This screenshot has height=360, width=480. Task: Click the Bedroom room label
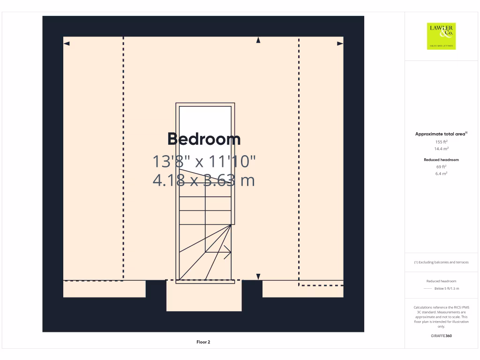(x=204, y=139)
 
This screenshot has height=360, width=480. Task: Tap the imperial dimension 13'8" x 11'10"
(x=204, y=162)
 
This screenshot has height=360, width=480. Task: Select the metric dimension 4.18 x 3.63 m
(x=204, y=180)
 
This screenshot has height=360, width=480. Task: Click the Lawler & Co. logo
(x=442, y=36)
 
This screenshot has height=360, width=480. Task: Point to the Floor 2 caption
(x=203, y=342)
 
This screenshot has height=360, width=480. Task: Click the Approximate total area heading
(x=441, y=134)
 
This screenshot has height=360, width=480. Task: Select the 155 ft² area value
(x=441, y=142)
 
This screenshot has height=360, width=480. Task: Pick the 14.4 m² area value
(x=441, y=149)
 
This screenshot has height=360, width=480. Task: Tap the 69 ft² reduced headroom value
(x=441, y=166)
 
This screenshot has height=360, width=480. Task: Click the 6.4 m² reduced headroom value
(x=441, y=173)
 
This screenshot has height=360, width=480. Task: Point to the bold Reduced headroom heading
(x=441, y=160)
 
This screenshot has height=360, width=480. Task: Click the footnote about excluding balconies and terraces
(x=441, y=262)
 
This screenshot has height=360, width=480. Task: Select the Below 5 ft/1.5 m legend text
(x=447, y=289)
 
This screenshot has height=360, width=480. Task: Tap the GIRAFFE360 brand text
(x=441, y=336)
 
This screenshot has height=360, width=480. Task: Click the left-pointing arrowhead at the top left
(x=67, y=44)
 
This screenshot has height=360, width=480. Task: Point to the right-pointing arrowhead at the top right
(x=340, y=44)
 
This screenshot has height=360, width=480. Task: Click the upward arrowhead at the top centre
(x=258, y=41)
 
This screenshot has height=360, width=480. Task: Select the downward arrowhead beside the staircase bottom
(x=258, y=277)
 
